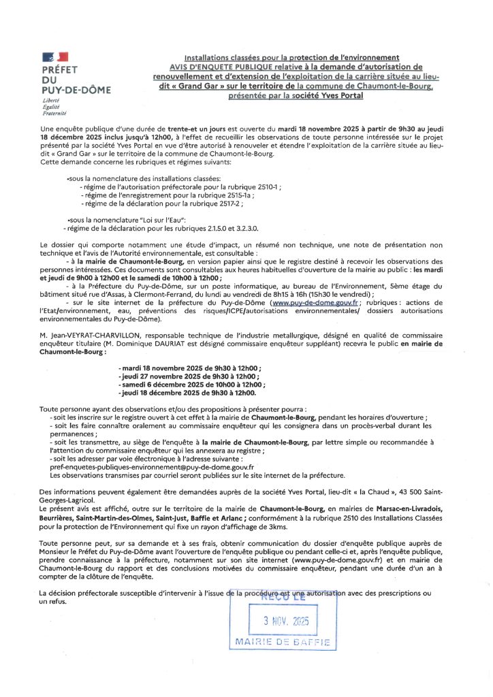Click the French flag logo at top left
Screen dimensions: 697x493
pyautogui.click(x=54, y=57)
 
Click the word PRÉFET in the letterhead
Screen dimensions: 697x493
pyautogui.click(x=59, y=70)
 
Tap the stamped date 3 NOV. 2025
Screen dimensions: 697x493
pyautogui.click(x=286, y=621)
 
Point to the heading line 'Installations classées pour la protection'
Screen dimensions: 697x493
pyautogui.click(x=291, y=58)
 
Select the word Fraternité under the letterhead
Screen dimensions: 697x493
pyautogui.click(x=52, y=112)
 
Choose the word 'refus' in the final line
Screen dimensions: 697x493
pyautogui.click(x=52, y=601)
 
